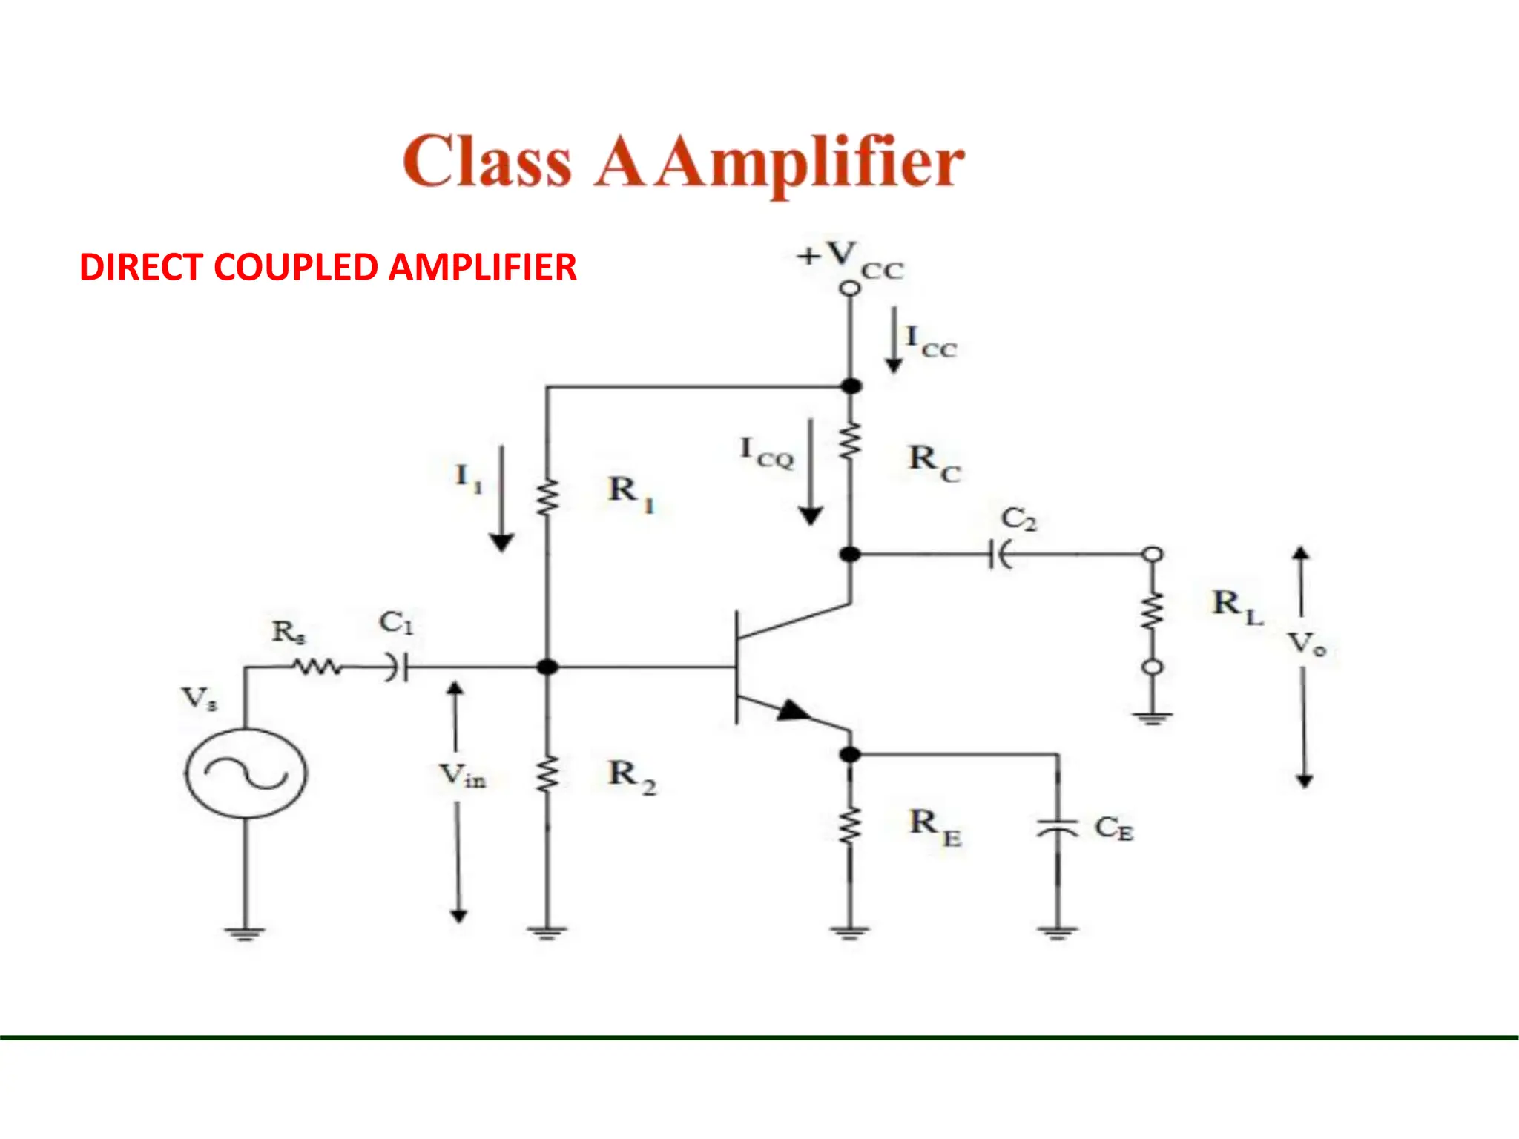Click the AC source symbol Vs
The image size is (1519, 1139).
tap(246, 773)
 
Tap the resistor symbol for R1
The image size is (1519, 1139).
tap(547, 498)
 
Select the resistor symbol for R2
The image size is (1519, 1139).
tap(547, 774)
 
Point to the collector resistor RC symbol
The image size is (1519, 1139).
tap(850, 442)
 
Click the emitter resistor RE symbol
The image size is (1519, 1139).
tap(850, 826)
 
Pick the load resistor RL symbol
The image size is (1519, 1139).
tap(1152, 610)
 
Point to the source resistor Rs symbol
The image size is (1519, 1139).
tap(317, 667)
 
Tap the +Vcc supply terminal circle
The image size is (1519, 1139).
tap(850, 288)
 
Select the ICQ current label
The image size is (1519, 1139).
tap(767, 453)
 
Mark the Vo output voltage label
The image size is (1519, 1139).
tap(1306, 644)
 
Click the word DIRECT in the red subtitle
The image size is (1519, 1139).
tap(140, 267)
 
